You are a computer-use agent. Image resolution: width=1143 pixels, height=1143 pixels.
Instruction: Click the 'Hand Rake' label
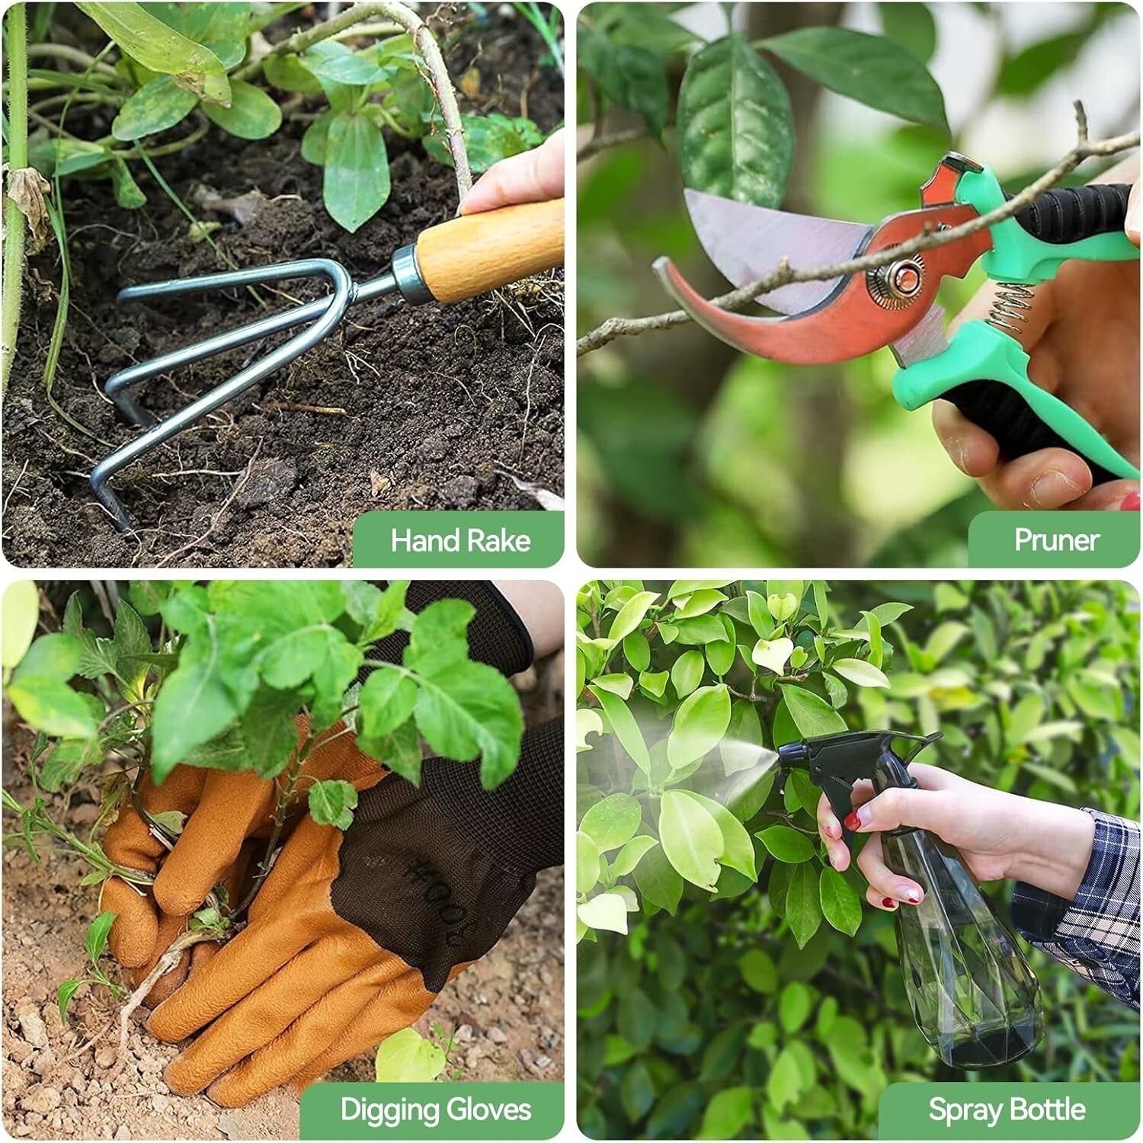pyautogui.click(x=459, y=540)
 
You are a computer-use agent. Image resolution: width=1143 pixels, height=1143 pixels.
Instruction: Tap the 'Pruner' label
pyautogui.click(x=1056, y=540)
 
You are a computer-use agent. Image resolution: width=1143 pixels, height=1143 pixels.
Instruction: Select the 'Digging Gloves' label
pyautogui.click(x=435, y=1109)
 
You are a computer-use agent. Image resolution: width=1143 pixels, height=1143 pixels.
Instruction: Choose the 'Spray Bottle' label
pyautogui.click(x=1007, y=1109)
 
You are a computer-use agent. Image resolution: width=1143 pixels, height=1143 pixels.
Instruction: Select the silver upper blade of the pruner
pyautogui.click(x=770, y=236)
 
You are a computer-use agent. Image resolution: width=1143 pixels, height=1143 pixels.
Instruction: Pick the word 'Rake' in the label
pyautogui.click(x=498, y=540)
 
